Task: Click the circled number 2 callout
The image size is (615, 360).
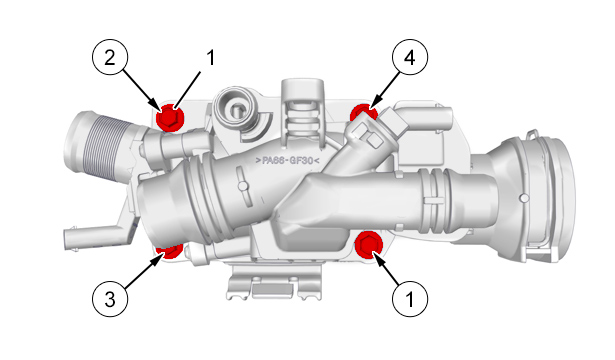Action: [110, 57]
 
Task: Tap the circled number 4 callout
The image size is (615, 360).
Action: [410, 57]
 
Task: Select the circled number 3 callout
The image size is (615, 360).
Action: [110, 300]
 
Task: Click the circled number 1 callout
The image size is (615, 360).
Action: [410, 300]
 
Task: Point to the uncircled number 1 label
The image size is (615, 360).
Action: [211, 58]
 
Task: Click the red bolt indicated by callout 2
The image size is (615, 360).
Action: [170, 117]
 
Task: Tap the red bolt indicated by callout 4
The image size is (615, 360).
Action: [362, 113]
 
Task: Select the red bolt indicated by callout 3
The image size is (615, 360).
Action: [169, 251]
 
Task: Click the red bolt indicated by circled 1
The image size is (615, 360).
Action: [369, 245]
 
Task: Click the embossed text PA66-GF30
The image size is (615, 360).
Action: [287, 160]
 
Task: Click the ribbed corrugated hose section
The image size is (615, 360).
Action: [111, 148]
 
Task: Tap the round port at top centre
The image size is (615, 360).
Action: [234, 108]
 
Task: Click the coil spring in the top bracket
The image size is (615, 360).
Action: [303, 120]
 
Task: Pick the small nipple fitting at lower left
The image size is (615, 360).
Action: [95, 236]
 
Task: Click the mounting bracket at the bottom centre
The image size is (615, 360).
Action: [275, 282]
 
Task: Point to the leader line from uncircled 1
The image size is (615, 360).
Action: [187, 90]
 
